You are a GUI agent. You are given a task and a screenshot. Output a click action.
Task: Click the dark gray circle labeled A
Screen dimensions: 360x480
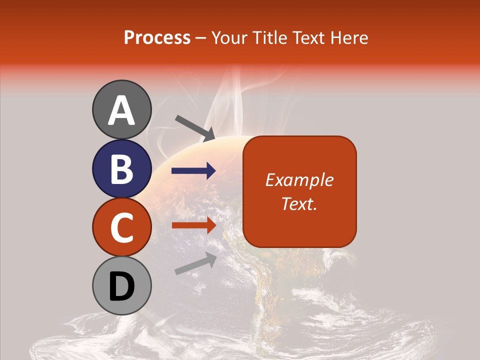(x=122, y=109)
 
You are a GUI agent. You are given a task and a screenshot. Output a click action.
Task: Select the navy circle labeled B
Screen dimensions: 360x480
(x=122, y=168)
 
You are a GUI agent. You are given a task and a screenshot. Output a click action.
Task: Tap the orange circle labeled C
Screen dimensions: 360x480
(x=122, y=227)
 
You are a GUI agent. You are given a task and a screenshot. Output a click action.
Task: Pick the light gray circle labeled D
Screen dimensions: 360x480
(x=122, y=285)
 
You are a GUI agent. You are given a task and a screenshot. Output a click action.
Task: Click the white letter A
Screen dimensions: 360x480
(x=122, y=110)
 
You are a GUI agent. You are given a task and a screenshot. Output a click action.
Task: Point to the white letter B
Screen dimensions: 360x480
(x=122, y=169)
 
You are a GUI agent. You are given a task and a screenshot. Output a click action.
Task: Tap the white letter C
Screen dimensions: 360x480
(x=122, y=227)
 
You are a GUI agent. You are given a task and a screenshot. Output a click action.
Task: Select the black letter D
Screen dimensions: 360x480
(x=122, y=286)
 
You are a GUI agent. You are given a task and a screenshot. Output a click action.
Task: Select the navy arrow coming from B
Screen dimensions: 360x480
(x=193, y=171)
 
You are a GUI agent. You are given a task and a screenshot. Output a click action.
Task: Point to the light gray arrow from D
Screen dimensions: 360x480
(x=195, y=263)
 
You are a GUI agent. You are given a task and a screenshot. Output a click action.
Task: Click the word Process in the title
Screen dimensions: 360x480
(x=157, y=37)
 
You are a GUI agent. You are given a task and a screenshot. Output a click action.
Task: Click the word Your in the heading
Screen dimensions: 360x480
(x=229, y=37)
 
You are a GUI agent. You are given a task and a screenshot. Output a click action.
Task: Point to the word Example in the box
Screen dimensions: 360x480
(x=299, y=180)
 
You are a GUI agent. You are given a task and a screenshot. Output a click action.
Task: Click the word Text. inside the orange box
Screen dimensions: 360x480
(x=299, y=203)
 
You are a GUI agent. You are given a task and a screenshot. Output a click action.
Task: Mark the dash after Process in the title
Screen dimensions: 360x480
(x=201, y=38)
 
